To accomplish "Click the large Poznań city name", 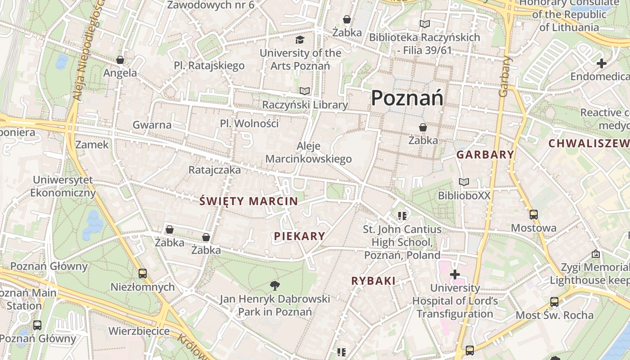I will pos(407,98).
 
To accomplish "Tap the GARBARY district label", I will pos(485,155).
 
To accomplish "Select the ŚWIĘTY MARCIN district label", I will pos(248,201).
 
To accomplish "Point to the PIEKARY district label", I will pos(299,236).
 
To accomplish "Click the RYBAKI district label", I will pos(373,281).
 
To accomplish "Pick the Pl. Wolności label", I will pos(249,123).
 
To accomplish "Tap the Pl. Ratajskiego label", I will pos(209,66).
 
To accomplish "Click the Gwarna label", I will pos(152,125).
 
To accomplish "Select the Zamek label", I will pos(92,144).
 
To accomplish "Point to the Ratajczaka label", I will pos(215,170).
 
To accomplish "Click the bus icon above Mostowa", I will pos(534,214).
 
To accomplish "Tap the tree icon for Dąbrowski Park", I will pos(274,285).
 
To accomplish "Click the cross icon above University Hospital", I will pos(455,274).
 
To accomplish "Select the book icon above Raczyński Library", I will pos(305,91).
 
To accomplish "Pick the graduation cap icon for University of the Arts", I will pos(300,40).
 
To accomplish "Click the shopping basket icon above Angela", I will pos(120,60).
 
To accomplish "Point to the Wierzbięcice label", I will pos(139,331).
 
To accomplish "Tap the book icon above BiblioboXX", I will pos(464,182).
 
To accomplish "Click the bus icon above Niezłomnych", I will pos(143,273).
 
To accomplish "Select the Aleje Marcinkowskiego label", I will pos(309,152).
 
